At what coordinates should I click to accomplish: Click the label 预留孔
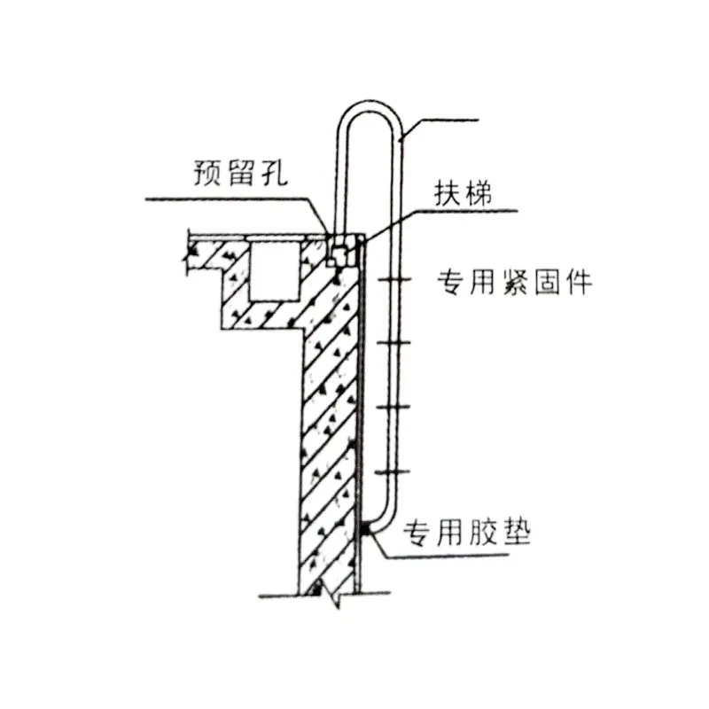(240, 172)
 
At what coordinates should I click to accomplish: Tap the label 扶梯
(463, 193)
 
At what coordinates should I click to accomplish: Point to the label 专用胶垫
(467, 533)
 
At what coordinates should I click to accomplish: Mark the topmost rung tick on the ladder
(394, 280)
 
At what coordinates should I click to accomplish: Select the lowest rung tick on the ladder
(393, 472)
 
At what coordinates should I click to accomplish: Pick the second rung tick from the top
(393, 343)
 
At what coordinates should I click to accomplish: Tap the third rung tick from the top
(393, 407)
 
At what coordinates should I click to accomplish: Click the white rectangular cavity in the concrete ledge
(274, 270)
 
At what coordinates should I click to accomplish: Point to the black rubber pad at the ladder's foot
(365, 528)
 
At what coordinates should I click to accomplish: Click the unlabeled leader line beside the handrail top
(439, 127)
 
